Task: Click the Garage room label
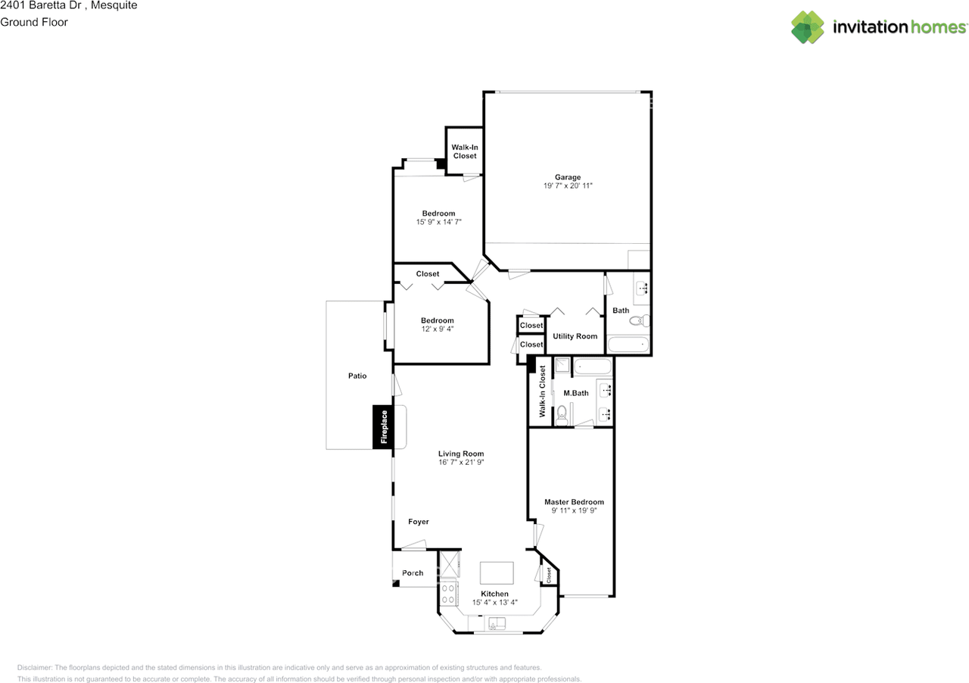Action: [x=567, y=177]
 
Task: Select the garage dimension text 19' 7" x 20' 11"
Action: [x=567, y=186]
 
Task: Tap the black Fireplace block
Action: [x=383, y=427]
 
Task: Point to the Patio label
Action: [x=357, y=376]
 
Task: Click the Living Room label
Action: [x=460, y=454]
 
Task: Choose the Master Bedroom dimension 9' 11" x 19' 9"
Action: [x=574, y=511]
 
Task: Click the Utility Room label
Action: [x=575, y=336]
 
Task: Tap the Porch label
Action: [x=413, y=573]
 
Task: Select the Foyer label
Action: [x=419, y=522]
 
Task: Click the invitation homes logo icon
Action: [x=808, y=27]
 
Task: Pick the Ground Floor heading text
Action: [x=34, y=22]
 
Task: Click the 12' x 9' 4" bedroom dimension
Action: [x=437, y=329]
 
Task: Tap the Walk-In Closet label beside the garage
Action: [x=464, y=151]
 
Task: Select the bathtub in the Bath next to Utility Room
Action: [x=628, y=345]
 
